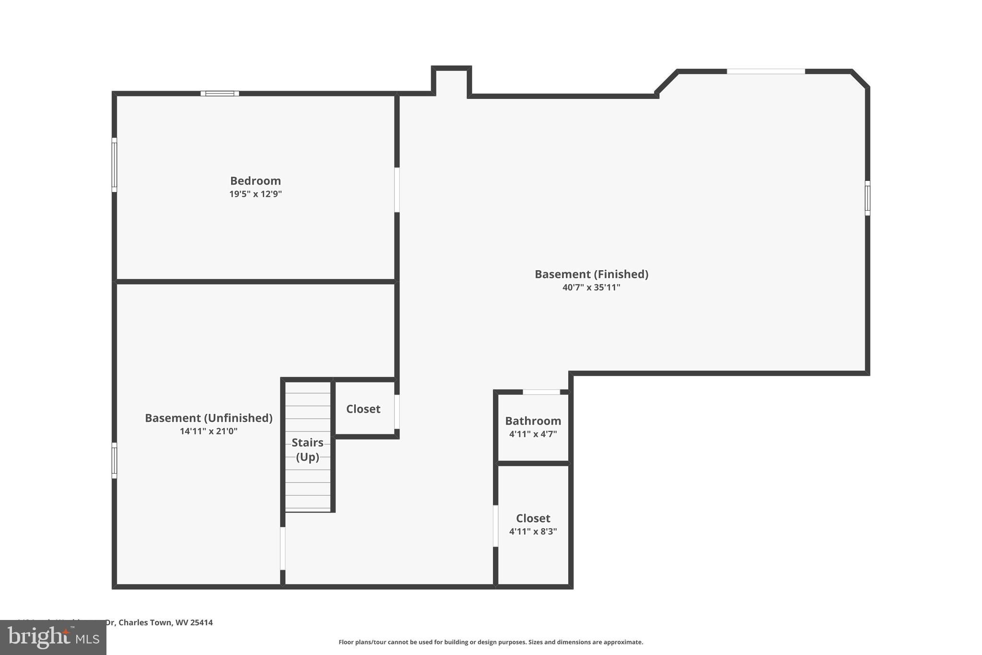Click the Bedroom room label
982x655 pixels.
255,181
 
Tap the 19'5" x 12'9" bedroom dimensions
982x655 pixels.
255,194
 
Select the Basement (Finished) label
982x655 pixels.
591,274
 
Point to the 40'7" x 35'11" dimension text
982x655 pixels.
591,287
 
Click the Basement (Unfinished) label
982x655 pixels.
209,418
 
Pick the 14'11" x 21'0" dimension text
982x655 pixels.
209,431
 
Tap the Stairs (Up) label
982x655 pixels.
307,450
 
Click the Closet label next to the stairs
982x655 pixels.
363,409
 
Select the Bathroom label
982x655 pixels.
533,421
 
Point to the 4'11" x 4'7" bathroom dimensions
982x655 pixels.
533,434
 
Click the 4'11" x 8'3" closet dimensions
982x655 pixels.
533,532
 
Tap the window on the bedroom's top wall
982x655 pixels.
220,94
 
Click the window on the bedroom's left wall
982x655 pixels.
114,165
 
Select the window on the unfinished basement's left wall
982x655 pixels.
114,460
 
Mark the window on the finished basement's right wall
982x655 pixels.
867,198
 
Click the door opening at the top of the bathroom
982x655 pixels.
541,392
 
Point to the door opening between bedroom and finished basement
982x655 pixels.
397,190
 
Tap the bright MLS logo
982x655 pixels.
53,637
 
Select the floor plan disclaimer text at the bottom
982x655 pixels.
491,642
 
